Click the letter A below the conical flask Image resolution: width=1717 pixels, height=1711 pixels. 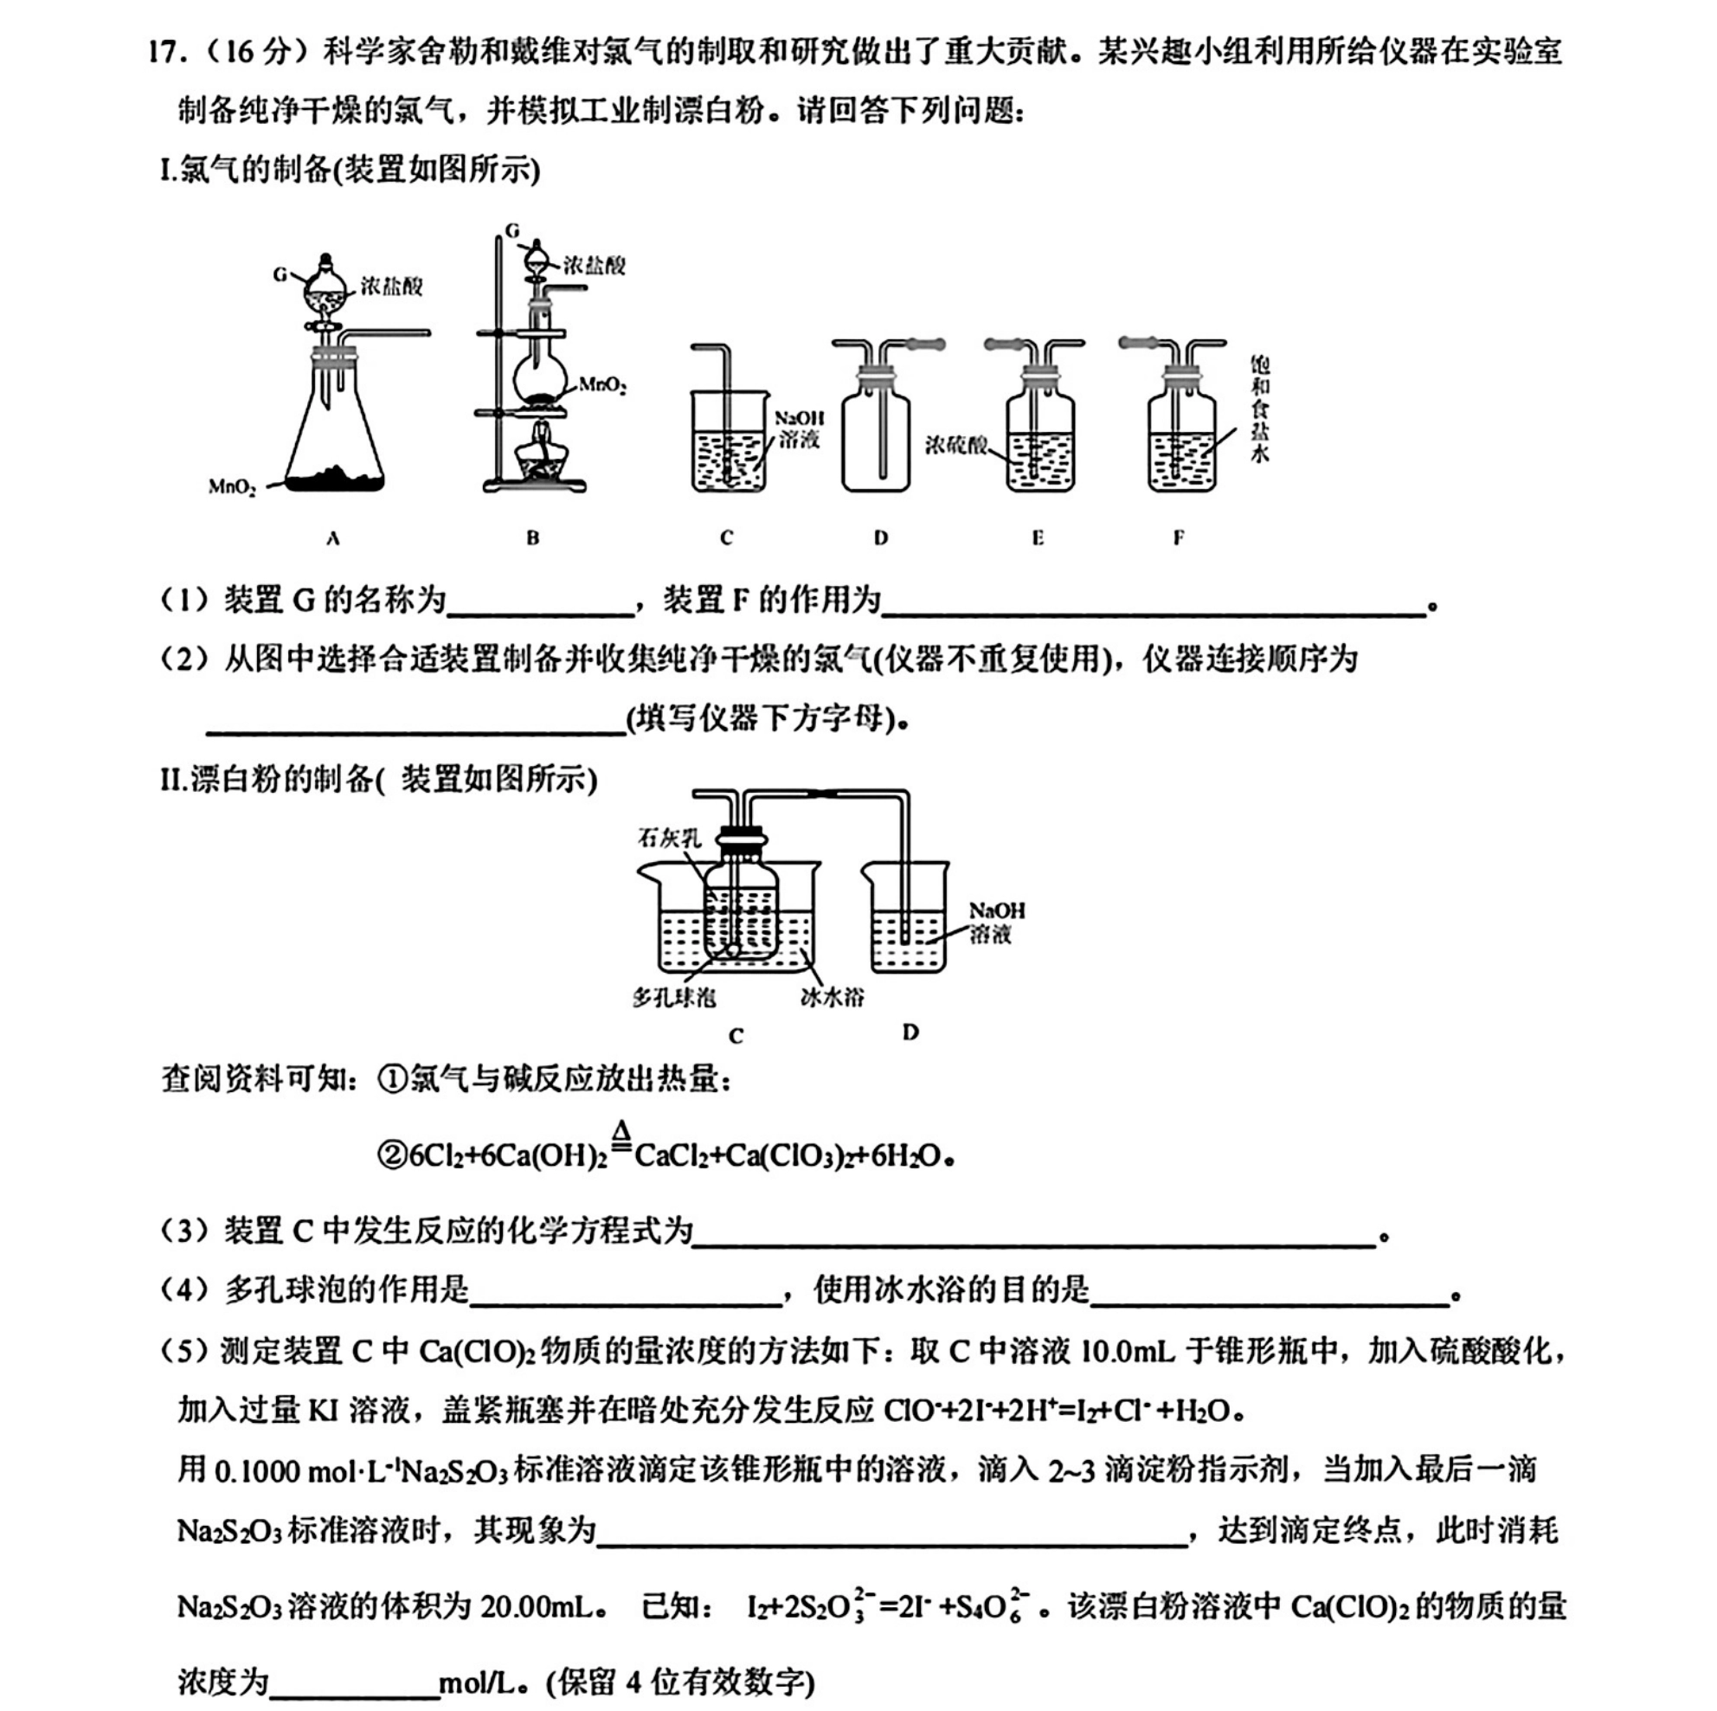333,537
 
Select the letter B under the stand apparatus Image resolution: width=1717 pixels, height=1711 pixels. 532,537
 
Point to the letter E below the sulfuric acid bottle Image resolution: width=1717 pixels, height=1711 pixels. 1037,537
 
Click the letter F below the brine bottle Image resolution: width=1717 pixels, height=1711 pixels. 1179,537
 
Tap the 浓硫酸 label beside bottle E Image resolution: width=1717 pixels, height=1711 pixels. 955,443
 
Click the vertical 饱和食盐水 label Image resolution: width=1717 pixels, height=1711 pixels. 1259,408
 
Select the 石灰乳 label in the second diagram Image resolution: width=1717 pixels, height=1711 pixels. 669,837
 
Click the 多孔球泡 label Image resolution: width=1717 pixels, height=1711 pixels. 674,997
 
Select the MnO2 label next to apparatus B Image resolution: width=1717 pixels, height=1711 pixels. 602,385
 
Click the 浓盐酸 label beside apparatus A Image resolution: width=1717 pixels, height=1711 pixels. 392,286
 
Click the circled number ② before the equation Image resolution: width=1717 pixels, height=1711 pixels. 392,1156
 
